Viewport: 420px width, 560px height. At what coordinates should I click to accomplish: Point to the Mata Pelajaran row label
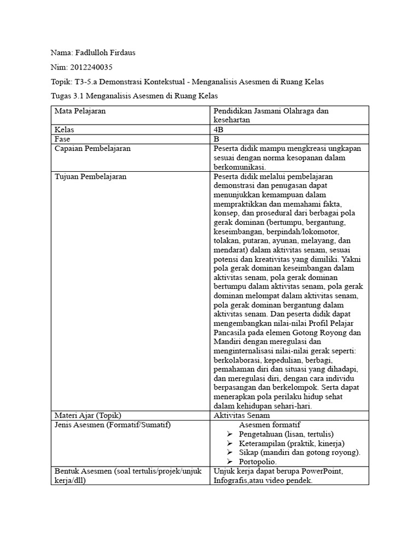pyautogui.click(x=80, y=111)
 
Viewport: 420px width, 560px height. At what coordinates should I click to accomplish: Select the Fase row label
pyautogui.click(x=62, y=139)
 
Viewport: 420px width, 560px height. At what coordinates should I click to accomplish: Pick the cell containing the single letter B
pyautogui.click(x=217, y=139)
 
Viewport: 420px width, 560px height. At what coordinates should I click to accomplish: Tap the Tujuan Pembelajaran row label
pyautogui.click(x=91, y=177)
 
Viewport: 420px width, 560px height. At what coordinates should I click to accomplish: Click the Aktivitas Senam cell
pyautogui.click(x=242, y=415)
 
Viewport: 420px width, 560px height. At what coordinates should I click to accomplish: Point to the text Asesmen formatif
pyautogui.click(x=270, y=424)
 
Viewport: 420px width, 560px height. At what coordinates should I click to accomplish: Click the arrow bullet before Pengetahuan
pyautogui.click(x=230, y=434)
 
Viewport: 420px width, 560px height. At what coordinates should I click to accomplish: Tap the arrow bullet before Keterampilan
pyautogui.click(x=230, y=444)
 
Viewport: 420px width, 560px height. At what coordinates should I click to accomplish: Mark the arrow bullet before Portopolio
pyautogui.click(x=230, y=462)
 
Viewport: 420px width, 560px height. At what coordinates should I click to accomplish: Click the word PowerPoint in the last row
pyautogui.click(x=323, y=471)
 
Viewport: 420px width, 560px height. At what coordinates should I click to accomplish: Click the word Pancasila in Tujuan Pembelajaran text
pyautogui.click(x=230, y=332)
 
